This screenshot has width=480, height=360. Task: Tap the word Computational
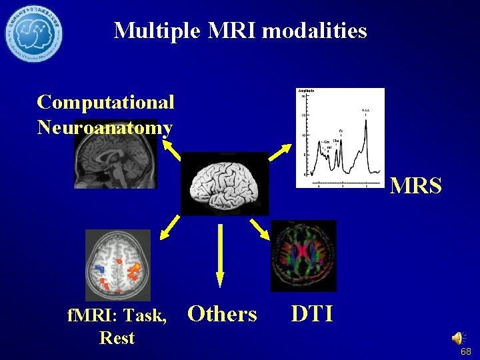coord(106,102)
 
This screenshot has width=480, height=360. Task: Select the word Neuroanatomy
coord(105,127)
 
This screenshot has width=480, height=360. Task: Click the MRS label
coord(415,186)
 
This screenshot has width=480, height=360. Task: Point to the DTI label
coord(313,313)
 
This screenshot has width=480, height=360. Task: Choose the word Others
coord(222,313)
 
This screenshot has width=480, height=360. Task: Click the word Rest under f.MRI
coord(117,337)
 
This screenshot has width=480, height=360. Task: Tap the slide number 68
coord(465,351)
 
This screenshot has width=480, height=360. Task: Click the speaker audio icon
coord(458,338)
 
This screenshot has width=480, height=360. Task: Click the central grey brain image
coord(224,184)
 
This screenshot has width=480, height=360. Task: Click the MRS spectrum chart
coord(340,138)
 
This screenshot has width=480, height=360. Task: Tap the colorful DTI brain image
coord(303,256)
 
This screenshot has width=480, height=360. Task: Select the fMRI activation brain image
coord(118,265)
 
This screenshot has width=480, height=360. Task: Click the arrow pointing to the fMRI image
coord(169,228)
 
